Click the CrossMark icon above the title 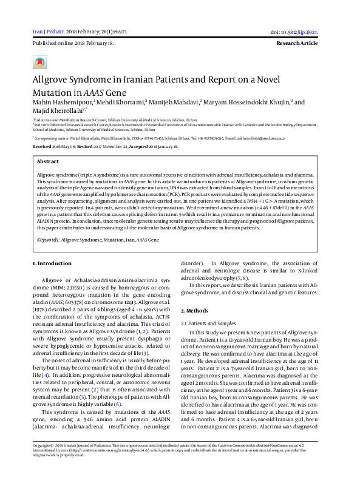[x=39, y=63]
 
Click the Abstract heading [x=48, y=162]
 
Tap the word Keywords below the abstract [x=48, y=240]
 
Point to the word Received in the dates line [x=42, y=147]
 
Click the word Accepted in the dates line [x=141, y=147]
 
